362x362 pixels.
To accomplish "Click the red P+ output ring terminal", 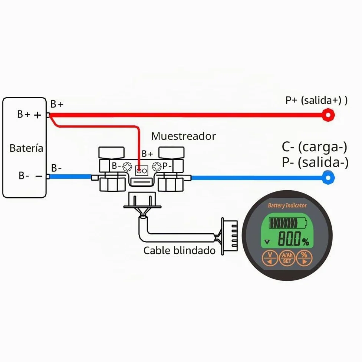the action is [x=328, y=115].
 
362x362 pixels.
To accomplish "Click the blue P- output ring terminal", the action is [x=328, y=178].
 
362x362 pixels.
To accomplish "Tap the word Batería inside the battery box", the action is [x=26, y=148].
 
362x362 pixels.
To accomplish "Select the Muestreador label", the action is [x=184, y=136].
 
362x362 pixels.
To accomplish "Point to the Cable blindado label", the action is [x=180, y=250].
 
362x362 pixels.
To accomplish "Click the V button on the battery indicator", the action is [x=270, y=258].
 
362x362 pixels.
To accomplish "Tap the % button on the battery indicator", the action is [x=304, y=258].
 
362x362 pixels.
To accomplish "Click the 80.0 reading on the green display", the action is [x=290, y=238].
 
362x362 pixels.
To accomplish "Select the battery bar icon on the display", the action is [x=288, y=223].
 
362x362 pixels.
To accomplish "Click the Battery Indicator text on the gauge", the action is [x=287, y=205].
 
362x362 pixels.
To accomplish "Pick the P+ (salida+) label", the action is [x=316, y=100].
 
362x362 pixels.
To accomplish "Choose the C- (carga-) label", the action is [x=314, y=147].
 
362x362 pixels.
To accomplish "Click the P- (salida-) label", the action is [x=315, y=162].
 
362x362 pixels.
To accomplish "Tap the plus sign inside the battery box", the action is [x=37, y=115].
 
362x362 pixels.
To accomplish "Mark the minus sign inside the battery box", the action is [x=39, y=177].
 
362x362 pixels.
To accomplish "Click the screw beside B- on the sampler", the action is [x=127, y=167].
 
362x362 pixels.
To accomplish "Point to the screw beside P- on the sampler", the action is [x=157, y=167].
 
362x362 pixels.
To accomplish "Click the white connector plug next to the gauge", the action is [x=229, y=236].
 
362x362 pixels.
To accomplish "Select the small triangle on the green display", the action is [x=267, y=242].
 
